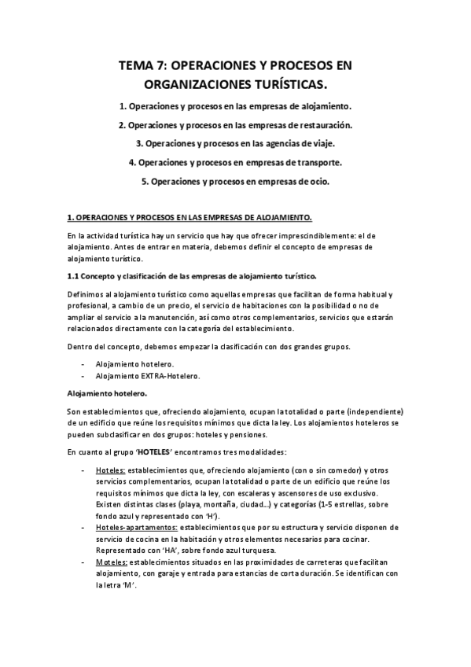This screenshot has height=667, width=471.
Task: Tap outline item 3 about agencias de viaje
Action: [235, 143]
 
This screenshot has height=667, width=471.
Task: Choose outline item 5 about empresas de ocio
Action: [235, 182]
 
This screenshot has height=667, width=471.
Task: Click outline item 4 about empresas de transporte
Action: [235, 163]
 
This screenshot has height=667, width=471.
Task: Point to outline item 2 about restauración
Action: [235, 124]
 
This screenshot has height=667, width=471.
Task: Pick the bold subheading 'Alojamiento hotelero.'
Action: [106, 392]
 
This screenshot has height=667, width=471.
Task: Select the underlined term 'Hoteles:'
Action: [110, 470]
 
